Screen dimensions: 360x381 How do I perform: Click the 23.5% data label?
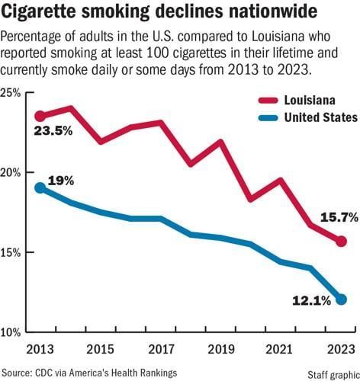coord(53,131)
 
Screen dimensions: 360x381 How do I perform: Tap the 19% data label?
coord(61,181)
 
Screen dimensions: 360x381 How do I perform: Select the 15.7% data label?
coord(339,217)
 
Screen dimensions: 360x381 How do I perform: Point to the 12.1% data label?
coord(312,301)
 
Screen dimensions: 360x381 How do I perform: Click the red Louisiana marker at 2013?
coord(40,117)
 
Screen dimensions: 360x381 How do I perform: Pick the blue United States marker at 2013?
coord(40,188)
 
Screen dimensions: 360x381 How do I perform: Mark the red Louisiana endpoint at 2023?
coord(342,242)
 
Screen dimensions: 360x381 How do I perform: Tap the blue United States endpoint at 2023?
coord(342,299)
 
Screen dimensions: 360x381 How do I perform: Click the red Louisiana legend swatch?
coord(268,101)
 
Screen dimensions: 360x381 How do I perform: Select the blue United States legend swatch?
coord(268,118)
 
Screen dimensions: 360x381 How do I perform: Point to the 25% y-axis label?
coord(10,93)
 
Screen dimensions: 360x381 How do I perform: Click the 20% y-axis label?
coord(10,173)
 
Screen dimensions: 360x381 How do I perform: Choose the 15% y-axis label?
coord(10,253)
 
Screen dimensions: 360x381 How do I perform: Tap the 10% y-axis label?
coord(10,333)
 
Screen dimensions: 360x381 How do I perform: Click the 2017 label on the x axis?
coord(161,349)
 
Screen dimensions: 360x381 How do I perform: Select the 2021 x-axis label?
coord(279,349)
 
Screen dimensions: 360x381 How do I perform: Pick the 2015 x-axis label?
coord(100,349)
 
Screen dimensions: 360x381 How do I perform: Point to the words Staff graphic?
coord(334,375)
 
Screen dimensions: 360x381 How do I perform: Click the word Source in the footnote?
coord(16,373)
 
